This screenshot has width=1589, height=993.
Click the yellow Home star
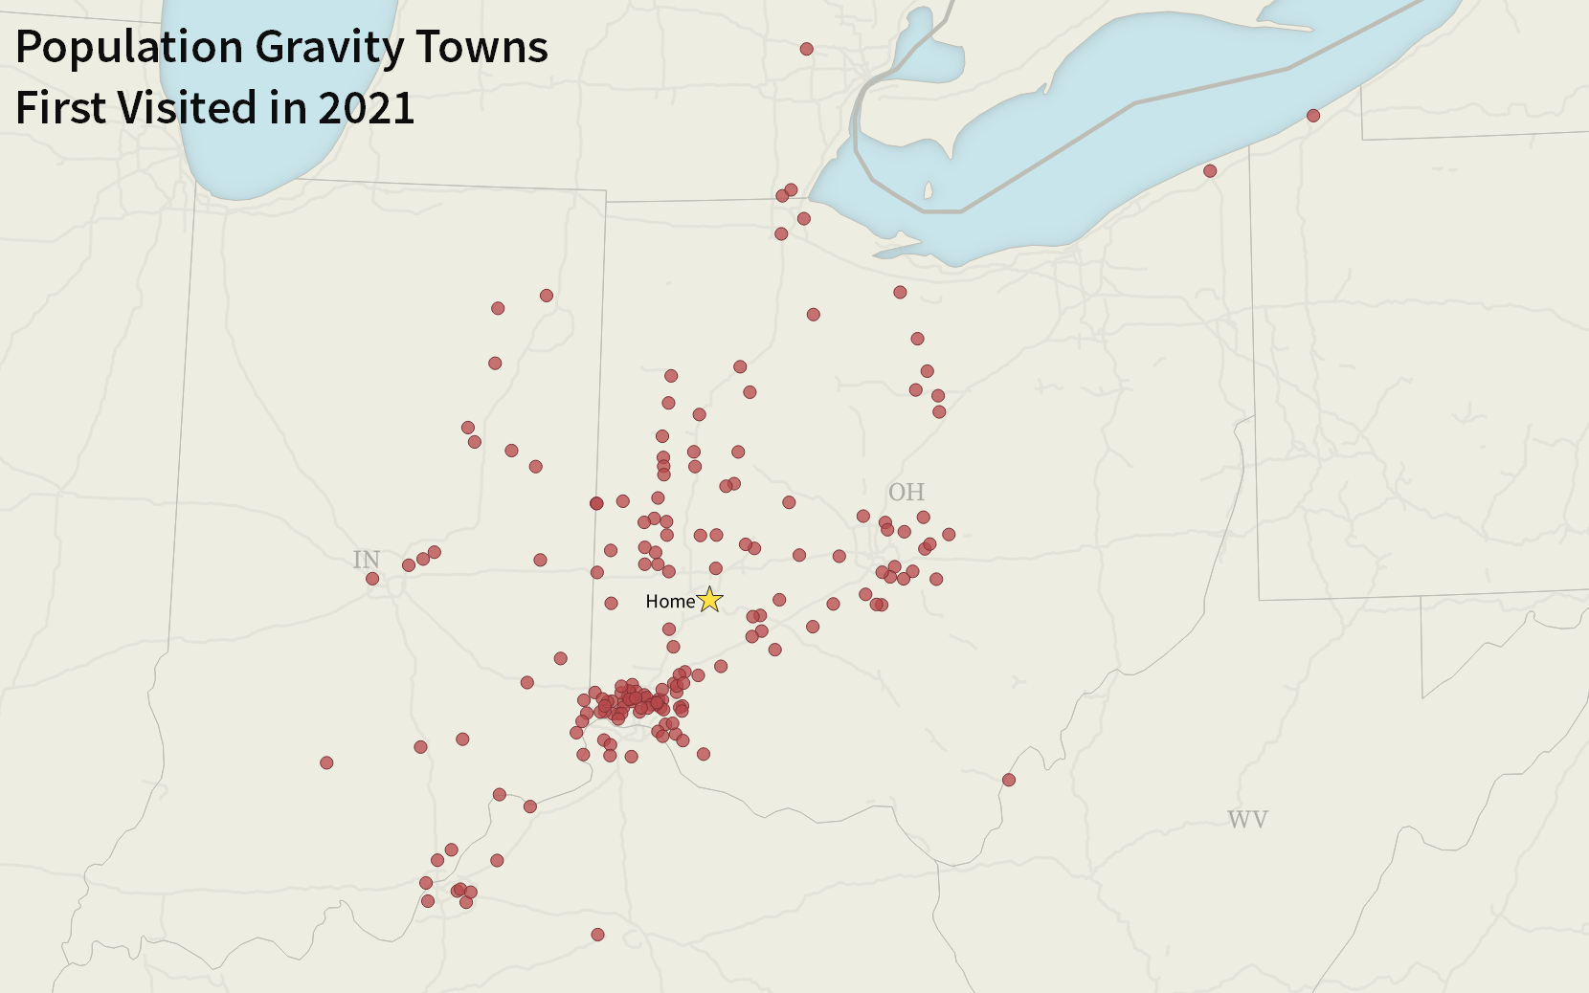pos(709,600)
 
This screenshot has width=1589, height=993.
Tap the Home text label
pos(669,602)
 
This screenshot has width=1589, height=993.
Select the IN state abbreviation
pos(367,560)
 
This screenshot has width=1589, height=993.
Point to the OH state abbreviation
pos(906,493)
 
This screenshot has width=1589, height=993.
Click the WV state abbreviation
pos(1247,820)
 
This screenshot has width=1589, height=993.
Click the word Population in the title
pos(129,48)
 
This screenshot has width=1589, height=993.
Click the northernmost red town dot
pos(807,49)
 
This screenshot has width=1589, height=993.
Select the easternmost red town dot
pos(1313,116)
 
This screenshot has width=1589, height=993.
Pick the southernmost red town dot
pos(597,935)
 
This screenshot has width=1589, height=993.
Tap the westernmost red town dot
pos(326,762)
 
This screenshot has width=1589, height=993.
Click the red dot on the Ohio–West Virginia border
pos(1008,780)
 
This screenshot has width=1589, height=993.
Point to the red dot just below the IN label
pos(372,579)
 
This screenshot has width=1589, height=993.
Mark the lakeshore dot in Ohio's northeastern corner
pos(1210,171)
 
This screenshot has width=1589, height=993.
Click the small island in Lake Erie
pos(928,191)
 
